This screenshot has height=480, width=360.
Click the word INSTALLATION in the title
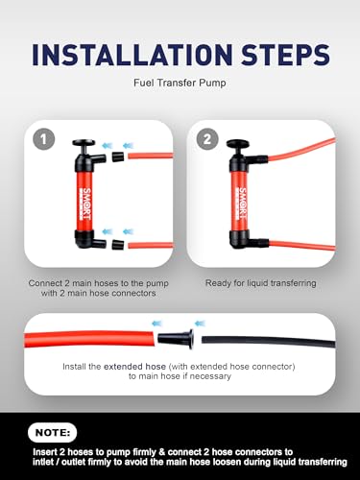[132, 55]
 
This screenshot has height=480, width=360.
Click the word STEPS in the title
[285, 55]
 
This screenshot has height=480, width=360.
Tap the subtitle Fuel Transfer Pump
[180, 83]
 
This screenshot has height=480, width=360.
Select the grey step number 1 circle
[44, 139]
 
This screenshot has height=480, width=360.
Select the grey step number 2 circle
[207, 139]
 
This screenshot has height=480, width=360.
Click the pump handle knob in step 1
[84, 143]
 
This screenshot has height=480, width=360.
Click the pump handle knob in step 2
[238, 143]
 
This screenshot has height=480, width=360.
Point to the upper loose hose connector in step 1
[118, 156]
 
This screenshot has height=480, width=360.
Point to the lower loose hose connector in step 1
[118, 245]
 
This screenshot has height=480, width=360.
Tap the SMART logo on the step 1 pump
[86, 204]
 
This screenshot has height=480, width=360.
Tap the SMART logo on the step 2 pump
[242, 204]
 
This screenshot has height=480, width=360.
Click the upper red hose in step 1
[151, 156]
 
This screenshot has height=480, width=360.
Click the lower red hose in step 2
[302, 246]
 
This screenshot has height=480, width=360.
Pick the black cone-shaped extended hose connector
[176, 339]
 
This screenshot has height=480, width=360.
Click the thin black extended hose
[268, 342]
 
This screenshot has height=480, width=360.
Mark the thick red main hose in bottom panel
[89, 339]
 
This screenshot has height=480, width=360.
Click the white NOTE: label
[53, 433]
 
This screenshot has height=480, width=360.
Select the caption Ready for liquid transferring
[260, 283]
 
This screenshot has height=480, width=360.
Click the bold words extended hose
[134, 367]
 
